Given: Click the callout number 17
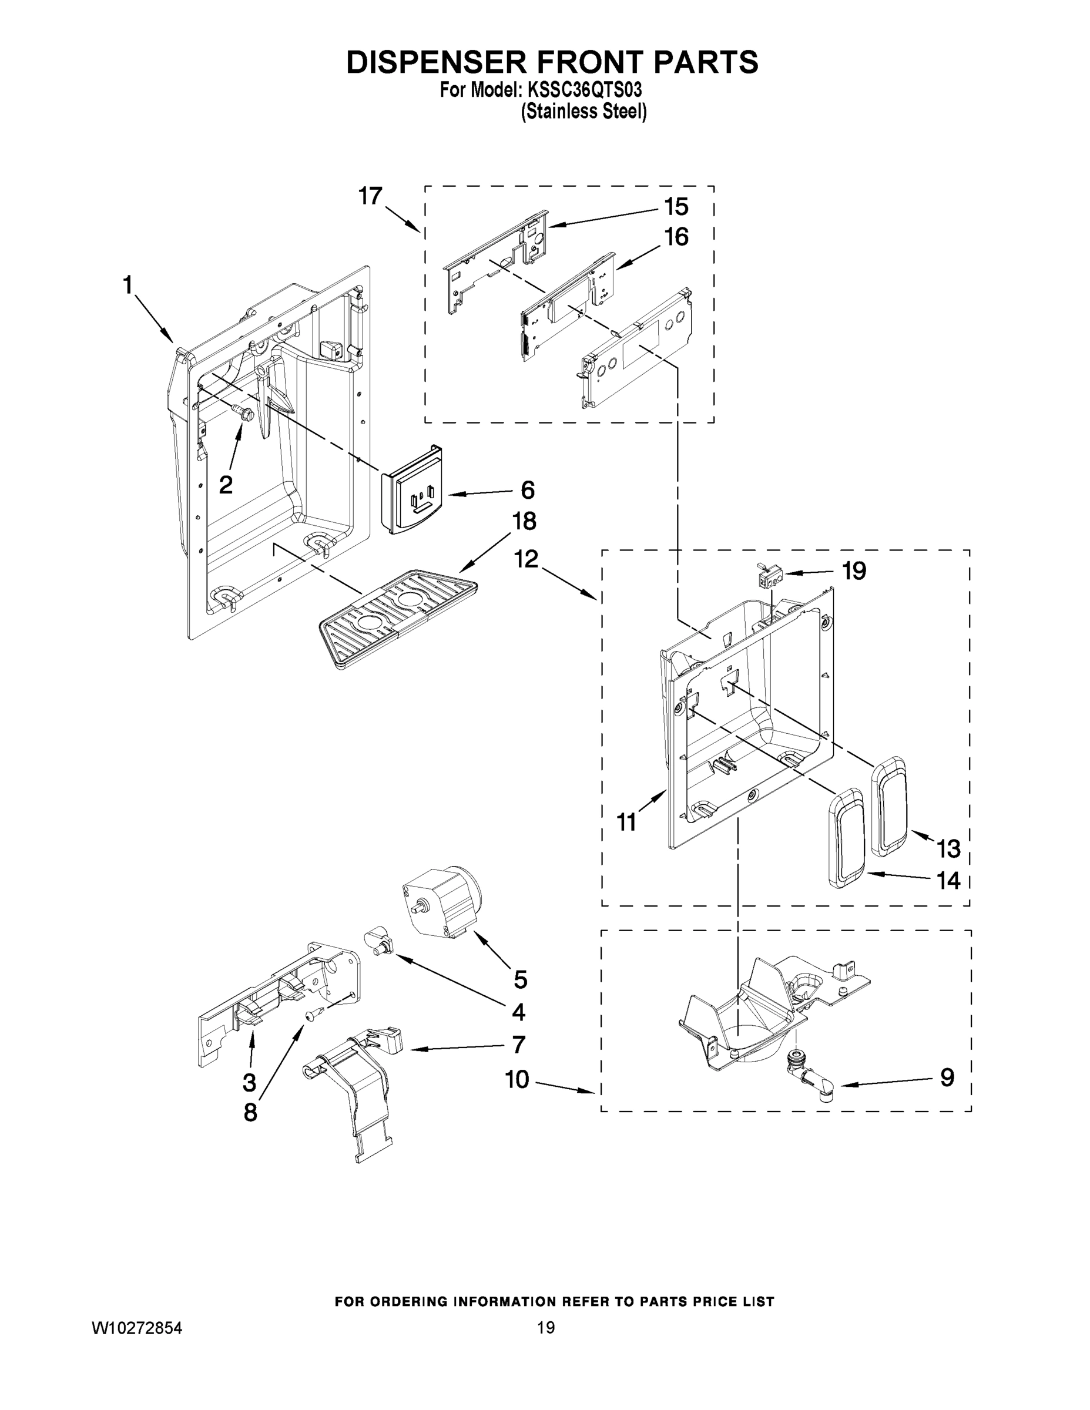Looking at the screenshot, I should click(x=371, y=196).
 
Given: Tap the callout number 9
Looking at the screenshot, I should click(x=947, y=1077).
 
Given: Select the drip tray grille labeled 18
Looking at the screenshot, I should click(x=398, y=616).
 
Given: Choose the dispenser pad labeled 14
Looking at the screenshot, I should click(x=847, y=837).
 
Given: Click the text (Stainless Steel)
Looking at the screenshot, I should click(x=583, y=112).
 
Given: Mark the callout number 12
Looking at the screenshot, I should click(x=526, y=559).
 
